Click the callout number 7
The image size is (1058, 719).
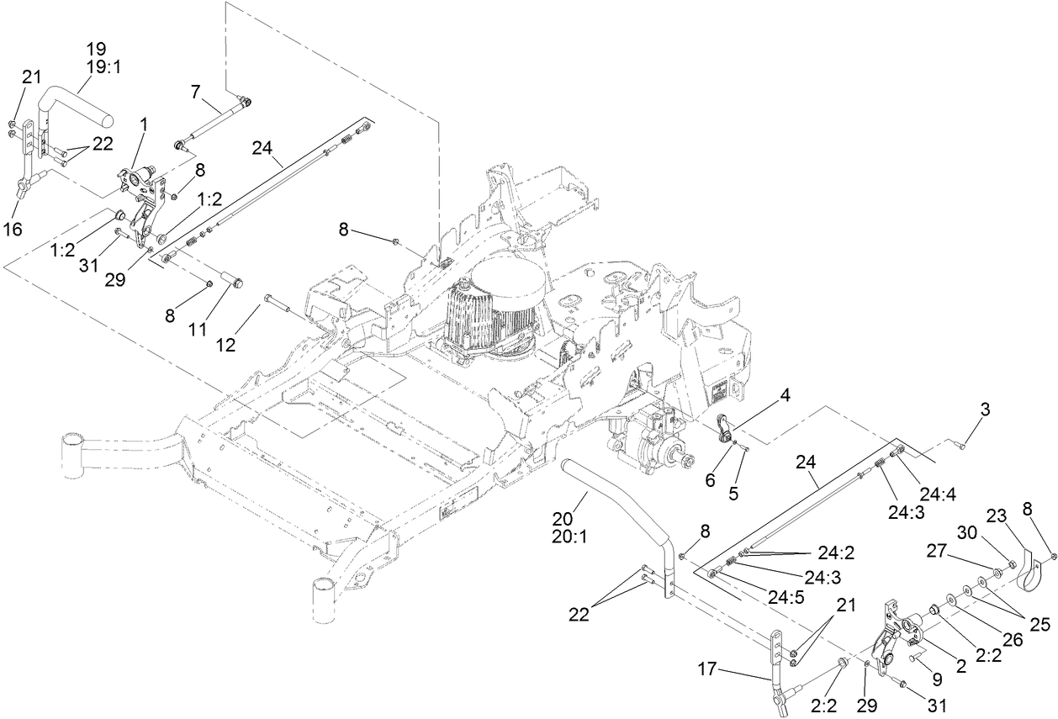point(195,92)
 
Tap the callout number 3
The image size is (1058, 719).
point(984,410)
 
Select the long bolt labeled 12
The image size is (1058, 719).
point(286,306)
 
